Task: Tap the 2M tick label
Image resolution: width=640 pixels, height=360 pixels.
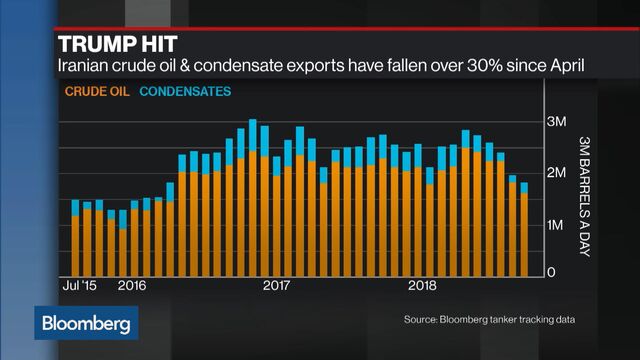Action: pos(558,174)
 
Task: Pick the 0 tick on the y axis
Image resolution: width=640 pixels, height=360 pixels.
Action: pos(549,271)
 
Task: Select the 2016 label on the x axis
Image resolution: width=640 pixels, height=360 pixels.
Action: pos(133,284)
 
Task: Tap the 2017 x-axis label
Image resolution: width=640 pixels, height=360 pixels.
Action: pos(276,284)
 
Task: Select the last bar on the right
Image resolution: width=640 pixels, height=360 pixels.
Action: pos(524,229)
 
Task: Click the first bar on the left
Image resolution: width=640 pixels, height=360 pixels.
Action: pos(75,238)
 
